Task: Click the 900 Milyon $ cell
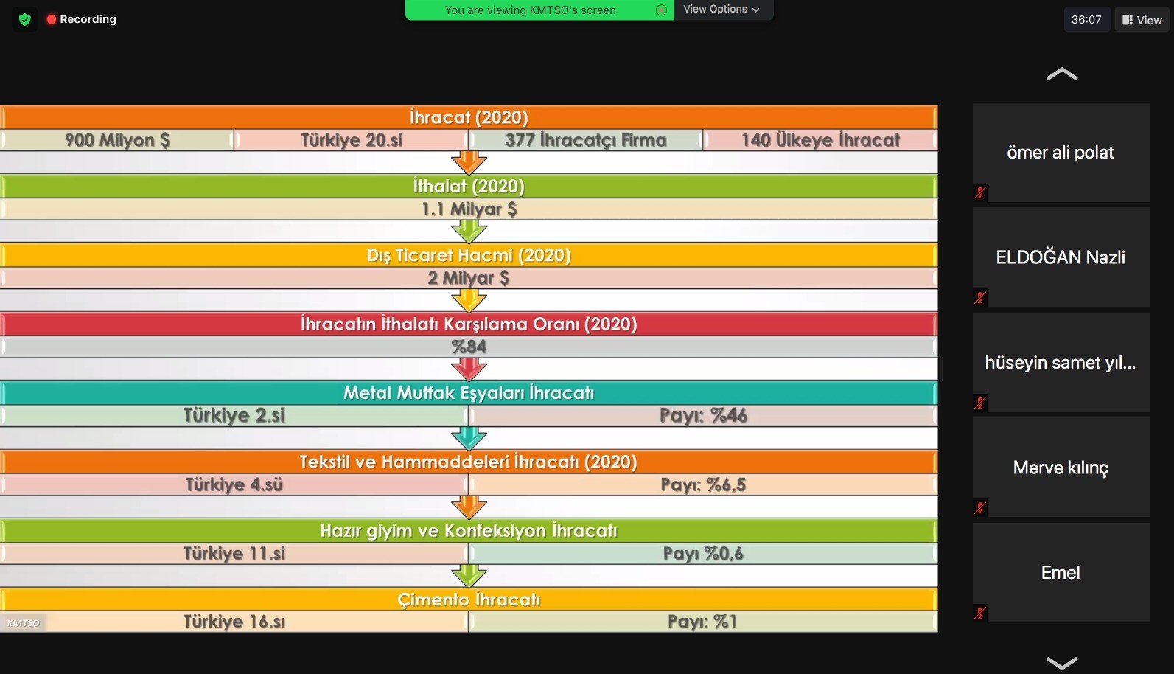tap(117, 140)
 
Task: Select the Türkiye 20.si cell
tap(352, 140)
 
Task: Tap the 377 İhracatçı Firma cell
tap(586, 140)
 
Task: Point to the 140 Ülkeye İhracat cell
tap(820, 140)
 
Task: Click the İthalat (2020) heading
tap(469, 187)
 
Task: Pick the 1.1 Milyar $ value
tap(469, 209)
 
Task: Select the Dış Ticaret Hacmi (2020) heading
tap(469, 255)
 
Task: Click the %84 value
tap(469, 347)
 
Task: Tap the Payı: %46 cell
tap(703, 416)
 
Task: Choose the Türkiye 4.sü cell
tap(234, 484)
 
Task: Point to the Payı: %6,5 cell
tap(703, 484)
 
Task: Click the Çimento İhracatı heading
tap(469, 600)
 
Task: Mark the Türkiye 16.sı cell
tap(234, 622)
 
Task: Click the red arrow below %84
tap(469, 369)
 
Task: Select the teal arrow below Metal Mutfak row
tap(469, 438)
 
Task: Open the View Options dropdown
tap(721, 10)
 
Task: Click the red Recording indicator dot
tap(51, 19)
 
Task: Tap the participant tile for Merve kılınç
tap(1061, 468)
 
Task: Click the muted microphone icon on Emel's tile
tap(980, 613)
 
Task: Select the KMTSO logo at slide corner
tap(23, 623)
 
